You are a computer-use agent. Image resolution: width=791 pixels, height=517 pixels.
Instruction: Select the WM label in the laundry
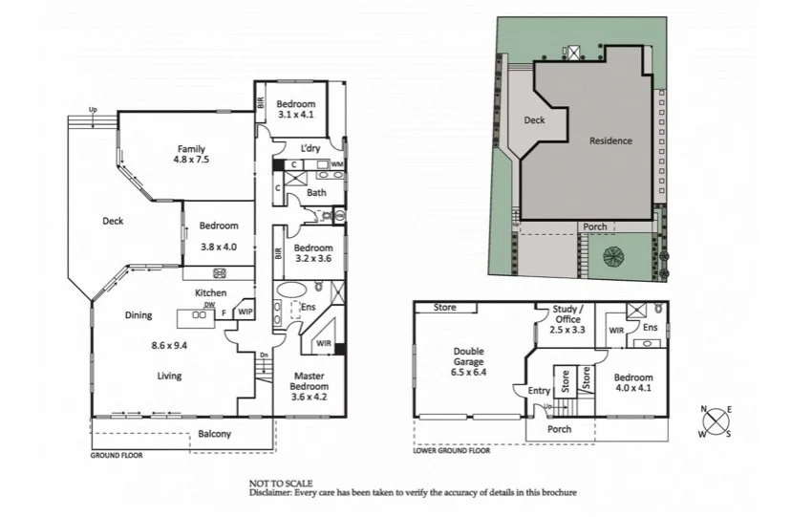point(337,165)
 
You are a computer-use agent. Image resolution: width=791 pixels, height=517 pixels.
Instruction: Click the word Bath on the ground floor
point(316,193)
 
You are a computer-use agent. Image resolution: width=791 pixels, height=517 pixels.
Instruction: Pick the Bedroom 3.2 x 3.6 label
point(312,252)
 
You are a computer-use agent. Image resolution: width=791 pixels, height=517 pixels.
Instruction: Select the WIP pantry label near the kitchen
point(245,312)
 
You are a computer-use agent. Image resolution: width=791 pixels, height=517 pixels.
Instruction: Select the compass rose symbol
point(716,421)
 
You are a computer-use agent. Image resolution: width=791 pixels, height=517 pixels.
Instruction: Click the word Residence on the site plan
point(609,140)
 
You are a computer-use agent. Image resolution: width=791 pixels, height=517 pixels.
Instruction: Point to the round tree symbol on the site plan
point(611,255)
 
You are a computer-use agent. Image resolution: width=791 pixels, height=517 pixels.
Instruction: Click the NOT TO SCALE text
point(280,484)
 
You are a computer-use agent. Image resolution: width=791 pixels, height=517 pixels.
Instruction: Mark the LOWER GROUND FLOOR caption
point(452,450)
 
